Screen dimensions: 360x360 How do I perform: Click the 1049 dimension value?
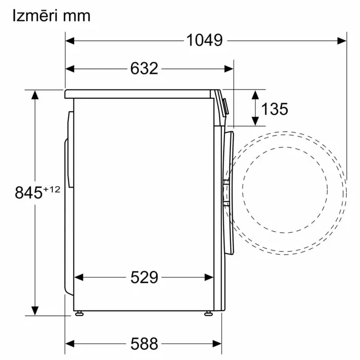pyautogui.click(x=204, y=41)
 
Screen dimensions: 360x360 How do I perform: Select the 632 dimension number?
pyautogui.click(x=144, y=68)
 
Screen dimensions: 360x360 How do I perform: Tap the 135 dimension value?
pyautogui.click(x=275, y=109)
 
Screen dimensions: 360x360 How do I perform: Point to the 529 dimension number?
pyautogui.click(x=144, y=277)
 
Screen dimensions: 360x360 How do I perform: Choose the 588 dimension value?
pyautogui.click(x=144, y=344)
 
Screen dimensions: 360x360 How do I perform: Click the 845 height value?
pyautogui.click(x=29, y=192)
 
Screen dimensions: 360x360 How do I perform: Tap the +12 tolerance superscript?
pyautogui.click(x=51, y=189)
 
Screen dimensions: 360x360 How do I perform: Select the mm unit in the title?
pyautogui.click(x=77, y=16)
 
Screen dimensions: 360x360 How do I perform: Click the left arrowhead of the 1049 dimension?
pyautogui.click(x=70, y=41)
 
